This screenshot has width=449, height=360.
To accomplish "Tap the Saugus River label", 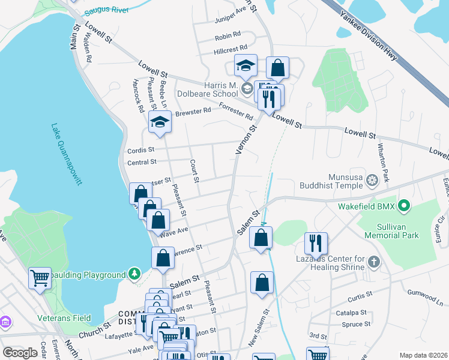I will coord(107,11).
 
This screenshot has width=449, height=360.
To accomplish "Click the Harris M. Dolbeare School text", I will coord(208,89).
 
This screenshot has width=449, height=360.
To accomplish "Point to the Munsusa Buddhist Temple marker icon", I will coord(372,179).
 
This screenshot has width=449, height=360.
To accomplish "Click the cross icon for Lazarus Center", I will coord(374,262).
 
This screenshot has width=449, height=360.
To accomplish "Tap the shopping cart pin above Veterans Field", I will coord(40,278).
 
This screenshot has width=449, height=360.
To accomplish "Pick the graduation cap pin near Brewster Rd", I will coord(160,122).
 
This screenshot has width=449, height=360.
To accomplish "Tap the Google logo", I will coord(20,353).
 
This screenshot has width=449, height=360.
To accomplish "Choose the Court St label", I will coord(194,170).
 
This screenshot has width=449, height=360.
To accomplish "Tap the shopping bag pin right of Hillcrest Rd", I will coord(277,68).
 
